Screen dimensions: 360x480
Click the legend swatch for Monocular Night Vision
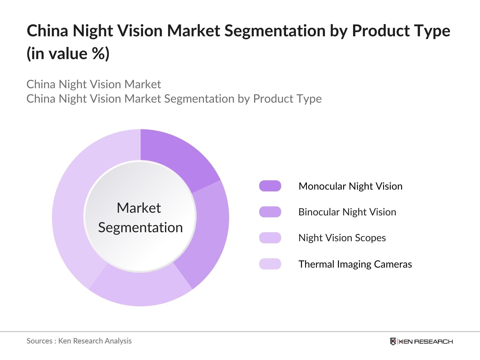click(x=270, y=186)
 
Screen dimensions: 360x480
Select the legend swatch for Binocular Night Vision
click(x=270, y=212)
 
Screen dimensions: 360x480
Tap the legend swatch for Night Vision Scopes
click(x=270, y=238)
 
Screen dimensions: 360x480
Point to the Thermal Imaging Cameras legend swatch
click(x=270, y=264)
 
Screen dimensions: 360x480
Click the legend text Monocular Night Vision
click(x=350, y=186)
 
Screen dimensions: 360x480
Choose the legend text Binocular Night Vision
click(x=347, y=212)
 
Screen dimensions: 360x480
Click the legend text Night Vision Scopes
click(x=342, y=238)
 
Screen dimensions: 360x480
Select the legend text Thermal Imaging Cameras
click(x=355, y=264)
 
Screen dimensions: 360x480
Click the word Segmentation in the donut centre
click(x=140, y=227)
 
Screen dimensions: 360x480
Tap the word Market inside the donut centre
click(x=139, y=208)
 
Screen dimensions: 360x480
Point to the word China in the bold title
click(x=47, y=31)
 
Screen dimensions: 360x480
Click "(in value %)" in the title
click(x=68, y=54)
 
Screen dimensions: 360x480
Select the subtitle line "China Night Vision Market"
click(x=94, y=84)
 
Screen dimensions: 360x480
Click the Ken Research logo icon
click(x=393, y=341)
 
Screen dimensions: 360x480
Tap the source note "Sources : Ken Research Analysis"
click(x=79, y=341)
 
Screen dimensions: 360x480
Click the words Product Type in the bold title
click(x=401, y=31)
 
